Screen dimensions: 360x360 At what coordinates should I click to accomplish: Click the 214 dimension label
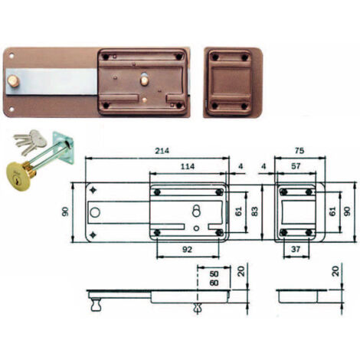coord(162,151)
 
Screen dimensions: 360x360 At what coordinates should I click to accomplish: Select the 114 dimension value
coord(188,166)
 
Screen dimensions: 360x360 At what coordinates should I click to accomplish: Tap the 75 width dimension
coord(299,151)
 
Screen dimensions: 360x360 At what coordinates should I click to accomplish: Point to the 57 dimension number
coord(296,166)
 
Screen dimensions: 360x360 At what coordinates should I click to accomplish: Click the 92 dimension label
coord(187,249)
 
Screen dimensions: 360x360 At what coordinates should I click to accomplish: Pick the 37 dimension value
coord(296,249)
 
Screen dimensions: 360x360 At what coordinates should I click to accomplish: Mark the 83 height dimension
coord(254,211)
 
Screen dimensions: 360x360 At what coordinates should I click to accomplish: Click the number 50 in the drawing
coord(214,274)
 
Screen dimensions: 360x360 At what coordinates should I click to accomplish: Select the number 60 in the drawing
coord(214,283)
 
